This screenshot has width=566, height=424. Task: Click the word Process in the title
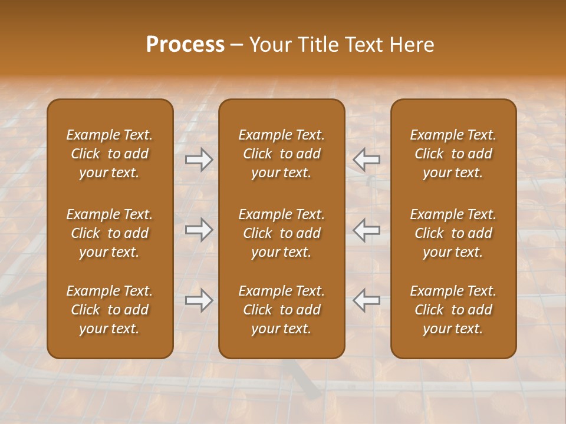(185, 45)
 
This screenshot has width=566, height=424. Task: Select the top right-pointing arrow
(199, 160)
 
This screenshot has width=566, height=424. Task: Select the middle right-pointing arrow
(199, 230)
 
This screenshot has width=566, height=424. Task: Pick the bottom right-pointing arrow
(199, 301)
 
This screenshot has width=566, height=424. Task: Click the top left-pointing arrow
(367, 160)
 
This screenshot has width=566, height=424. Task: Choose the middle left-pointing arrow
(367, 230)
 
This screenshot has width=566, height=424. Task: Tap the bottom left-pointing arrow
(367, 301)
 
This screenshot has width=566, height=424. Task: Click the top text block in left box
(110, 154)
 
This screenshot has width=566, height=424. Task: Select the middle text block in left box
(110, 233)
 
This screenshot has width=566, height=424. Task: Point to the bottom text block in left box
(110, 310)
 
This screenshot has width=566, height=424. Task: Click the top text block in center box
(282, 154)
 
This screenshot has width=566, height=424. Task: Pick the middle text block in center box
(282, 233)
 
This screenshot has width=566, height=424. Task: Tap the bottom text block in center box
(282, 310)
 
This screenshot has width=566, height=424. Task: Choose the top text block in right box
(453, 154)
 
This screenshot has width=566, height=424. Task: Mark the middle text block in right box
(453, 233)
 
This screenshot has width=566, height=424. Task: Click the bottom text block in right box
(453, 310)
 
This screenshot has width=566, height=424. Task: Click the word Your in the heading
(271, 45)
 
